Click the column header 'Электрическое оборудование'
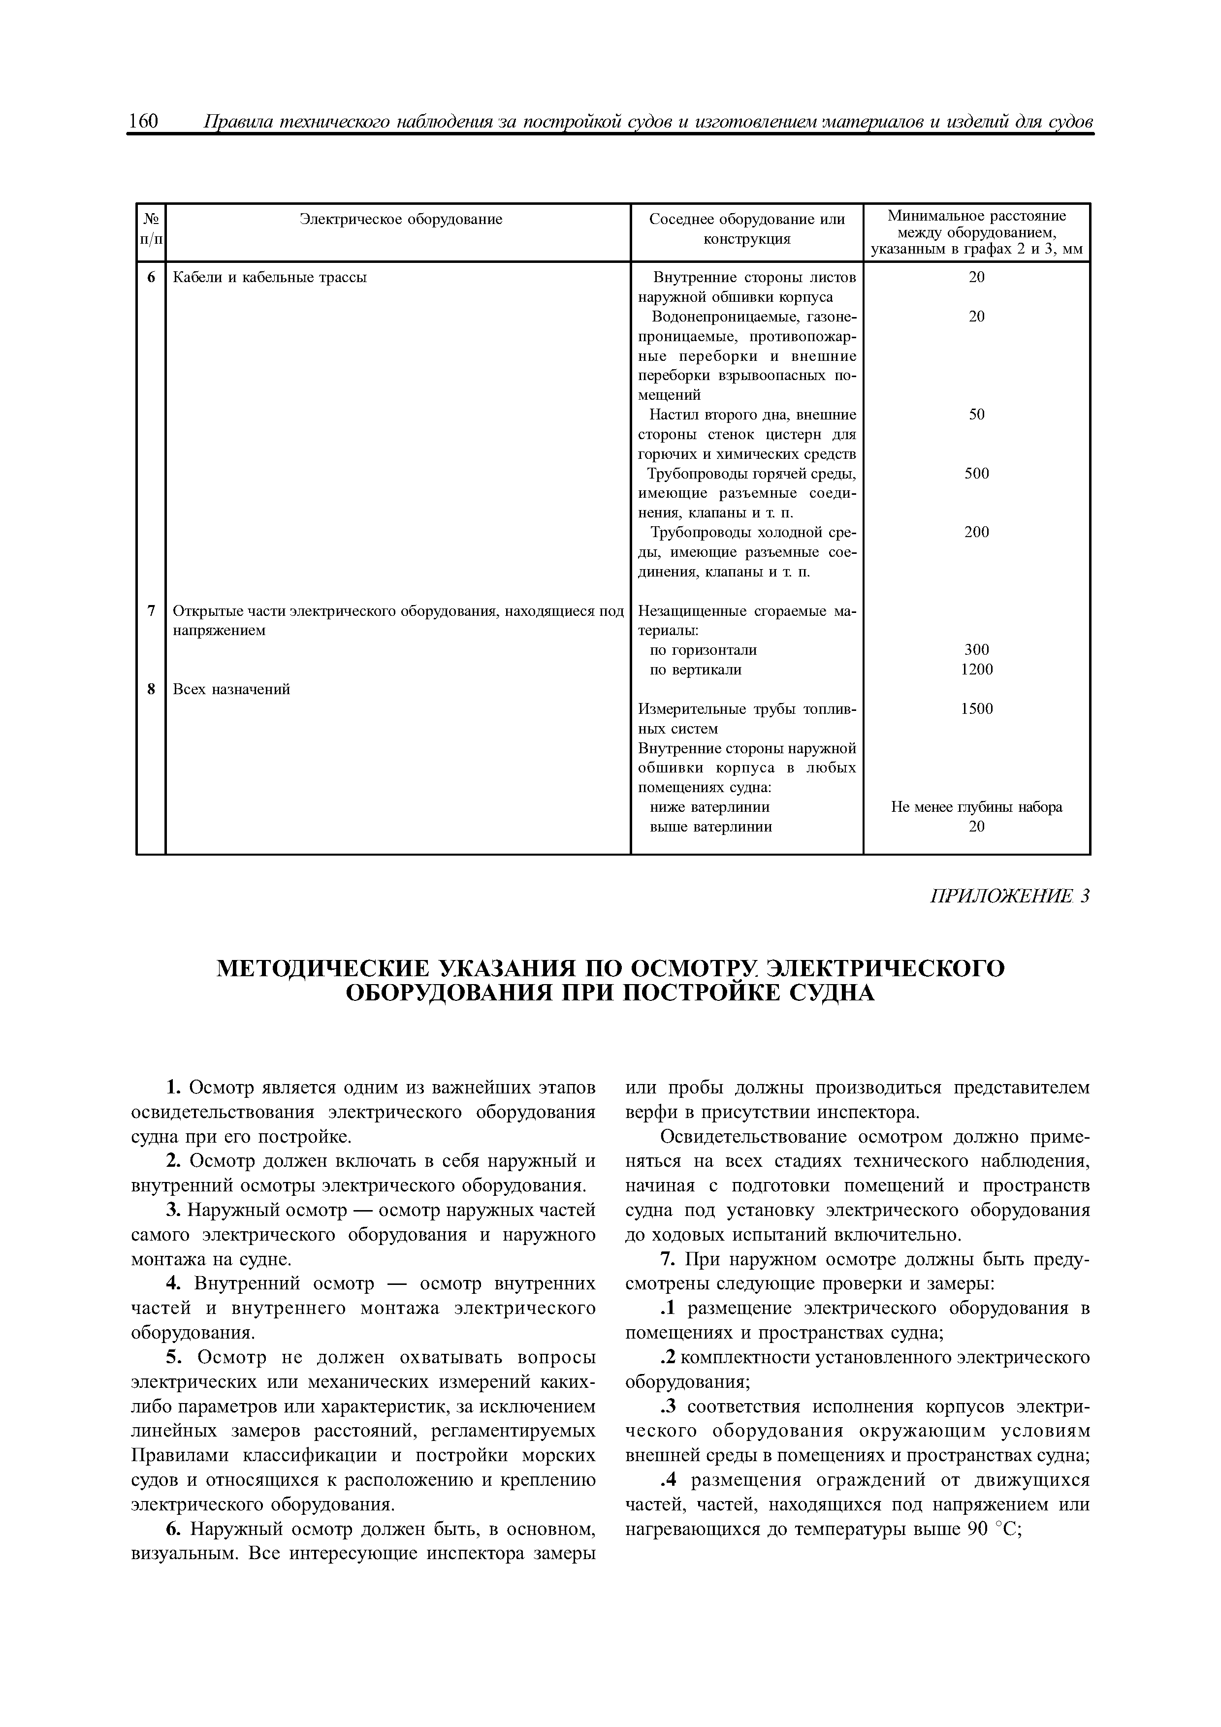tap(401, 220)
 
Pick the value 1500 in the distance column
tap(976, 708)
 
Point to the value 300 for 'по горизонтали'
tap(976, 650)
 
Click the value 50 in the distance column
tap(976, 415)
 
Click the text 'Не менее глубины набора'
tap(976, 807)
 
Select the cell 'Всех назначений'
tap(232, 689)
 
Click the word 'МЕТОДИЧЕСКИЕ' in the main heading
tap(322, 968)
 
